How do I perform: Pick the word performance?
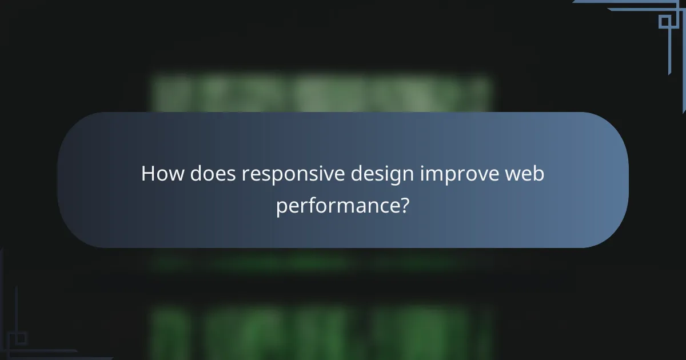point(338,206)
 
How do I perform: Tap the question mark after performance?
point(404,205)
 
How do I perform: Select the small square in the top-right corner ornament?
point(664,22)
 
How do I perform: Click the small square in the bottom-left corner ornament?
point(21,339)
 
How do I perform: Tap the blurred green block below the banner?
point(320,331)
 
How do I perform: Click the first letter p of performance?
point(281,207)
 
